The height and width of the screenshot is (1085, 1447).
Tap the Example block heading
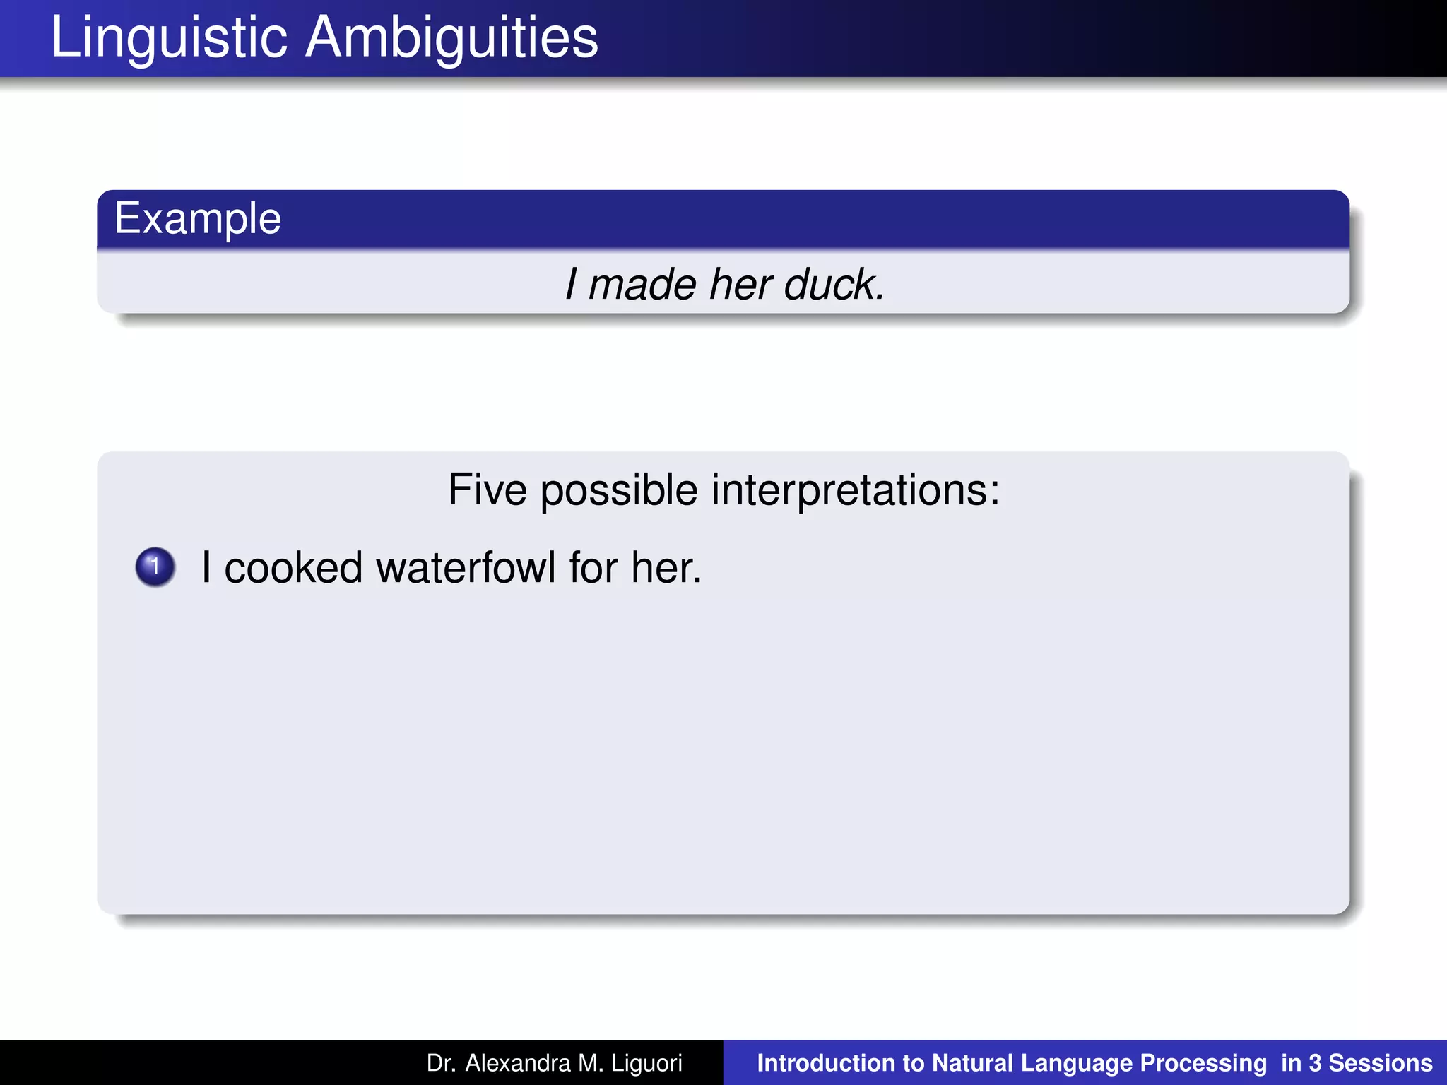pos(198,218)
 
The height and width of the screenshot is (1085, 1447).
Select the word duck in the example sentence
pos(834,285)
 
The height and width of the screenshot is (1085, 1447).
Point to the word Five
pos(488,490)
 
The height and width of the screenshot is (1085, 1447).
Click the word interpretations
pos(855,490)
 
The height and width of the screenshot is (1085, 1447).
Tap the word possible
pos(619,490)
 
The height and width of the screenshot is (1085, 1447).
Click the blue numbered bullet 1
pos(155,567)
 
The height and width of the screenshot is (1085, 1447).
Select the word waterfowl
pos(466,567)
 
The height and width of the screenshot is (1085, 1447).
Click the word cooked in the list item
pos(293,567)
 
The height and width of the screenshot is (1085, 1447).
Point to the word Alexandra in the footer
pos(517,1063)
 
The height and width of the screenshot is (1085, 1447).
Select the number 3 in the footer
pos(1314,1063)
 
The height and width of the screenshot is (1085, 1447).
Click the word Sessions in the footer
pos(1381,1063)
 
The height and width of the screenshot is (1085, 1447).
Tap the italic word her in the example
pos(739,285)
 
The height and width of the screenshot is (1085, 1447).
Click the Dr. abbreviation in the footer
pos(441,1063)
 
